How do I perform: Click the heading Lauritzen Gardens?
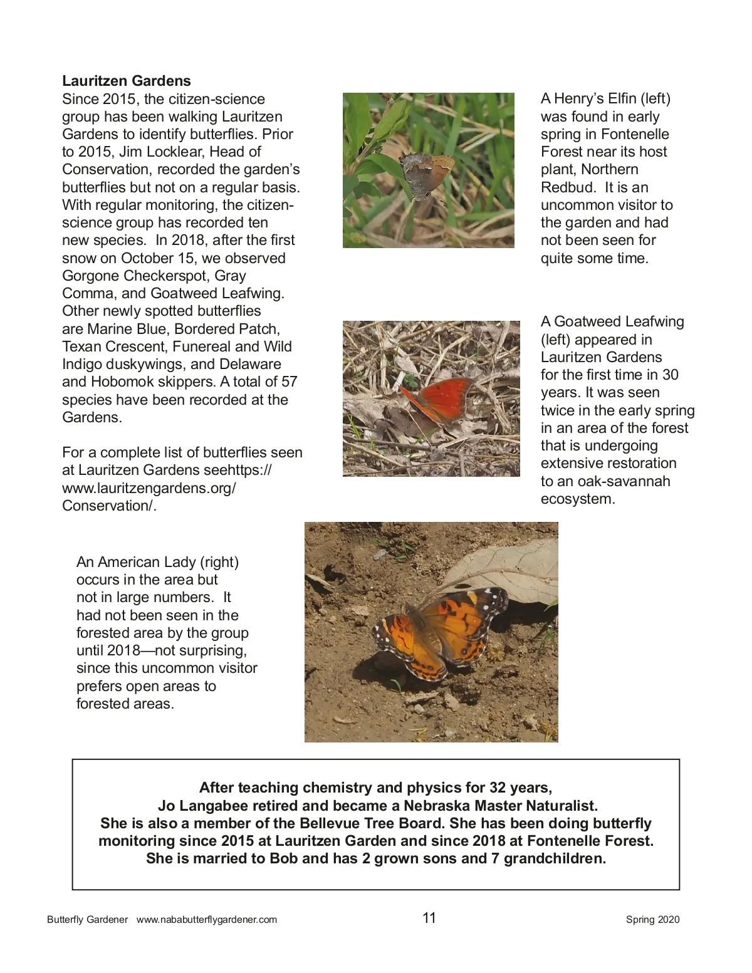(127, 81)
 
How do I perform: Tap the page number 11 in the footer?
(429, 918)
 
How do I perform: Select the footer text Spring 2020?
(652, 920)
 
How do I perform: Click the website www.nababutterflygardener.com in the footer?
(207, 920)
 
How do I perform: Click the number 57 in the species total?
(289, 382)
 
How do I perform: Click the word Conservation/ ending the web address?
(109, 506)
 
